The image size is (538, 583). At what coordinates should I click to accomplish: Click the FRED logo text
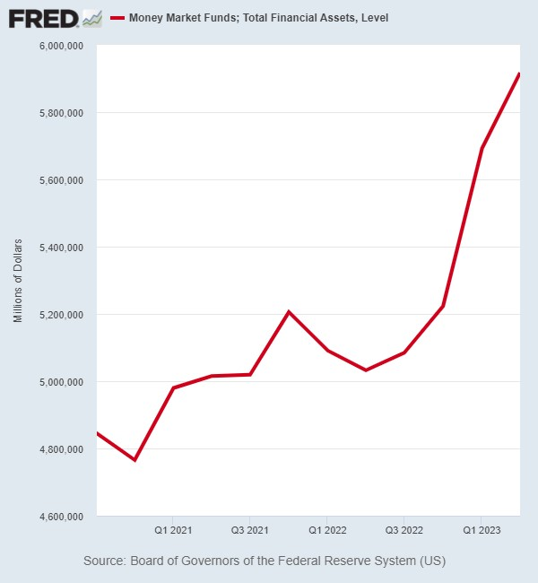pyautogui.click(x=43, y=19)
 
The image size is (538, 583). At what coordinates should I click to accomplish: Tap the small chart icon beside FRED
pyautogui.click(x=92, y=19)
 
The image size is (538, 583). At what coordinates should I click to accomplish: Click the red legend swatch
pyautogui.click(x=117, y=18)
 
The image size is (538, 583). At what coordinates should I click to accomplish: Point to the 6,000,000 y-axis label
pyautogui.click(x=61, y=46)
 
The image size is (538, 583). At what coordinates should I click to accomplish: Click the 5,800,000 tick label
pyautogui.click(x=61, y=113)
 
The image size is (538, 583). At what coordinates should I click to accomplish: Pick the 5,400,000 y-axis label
pyautogui.click(x=61, y=248)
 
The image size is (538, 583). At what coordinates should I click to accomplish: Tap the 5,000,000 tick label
pyautogui.click(x=61, y=382)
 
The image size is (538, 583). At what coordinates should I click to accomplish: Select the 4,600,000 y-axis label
pyautogui.click(x=61, y=517)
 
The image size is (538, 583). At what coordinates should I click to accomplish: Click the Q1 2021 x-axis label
pyautogui.click(x=173, y=530)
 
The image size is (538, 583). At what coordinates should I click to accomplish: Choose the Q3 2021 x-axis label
pyautogui.click(x=250, y=530)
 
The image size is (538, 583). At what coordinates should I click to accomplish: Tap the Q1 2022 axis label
pyautogui.click(x=327, y=530)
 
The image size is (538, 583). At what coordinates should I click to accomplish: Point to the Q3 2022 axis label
pyautogui.click(x=404, y=530)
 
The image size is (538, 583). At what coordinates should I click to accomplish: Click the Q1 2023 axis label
pyautogui.click(x=482, y=530)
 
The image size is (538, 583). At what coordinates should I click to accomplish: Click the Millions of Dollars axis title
pyautogui.click(x=17, y=281)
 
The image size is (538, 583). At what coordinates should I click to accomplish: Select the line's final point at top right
pyautogui.click(x=519, y=74)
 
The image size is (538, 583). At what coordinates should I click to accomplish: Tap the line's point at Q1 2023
pyautogui.click(x=482, y=148)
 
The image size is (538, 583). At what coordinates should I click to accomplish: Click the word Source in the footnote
pyautogui.click(x=105, y=561)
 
